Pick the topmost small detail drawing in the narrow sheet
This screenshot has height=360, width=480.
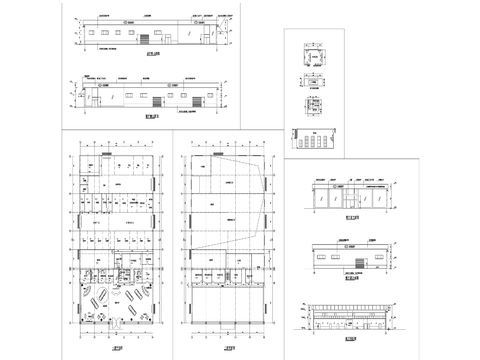312,62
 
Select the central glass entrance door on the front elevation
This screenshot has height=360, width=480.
348,199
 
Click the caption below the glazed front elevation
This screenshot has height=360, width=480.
349,217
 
